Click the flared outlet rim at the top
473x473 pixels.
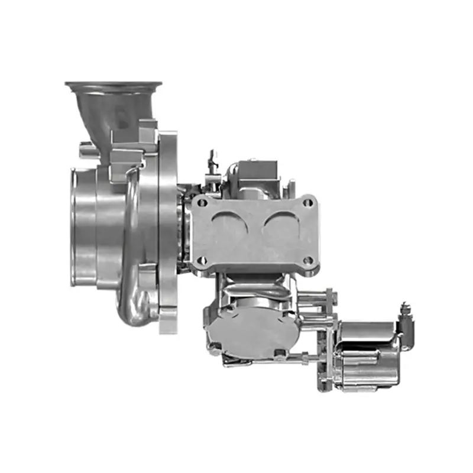(x=115, y=86)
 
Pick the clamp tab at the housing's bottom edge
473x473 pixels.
(x=168, y=323)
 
